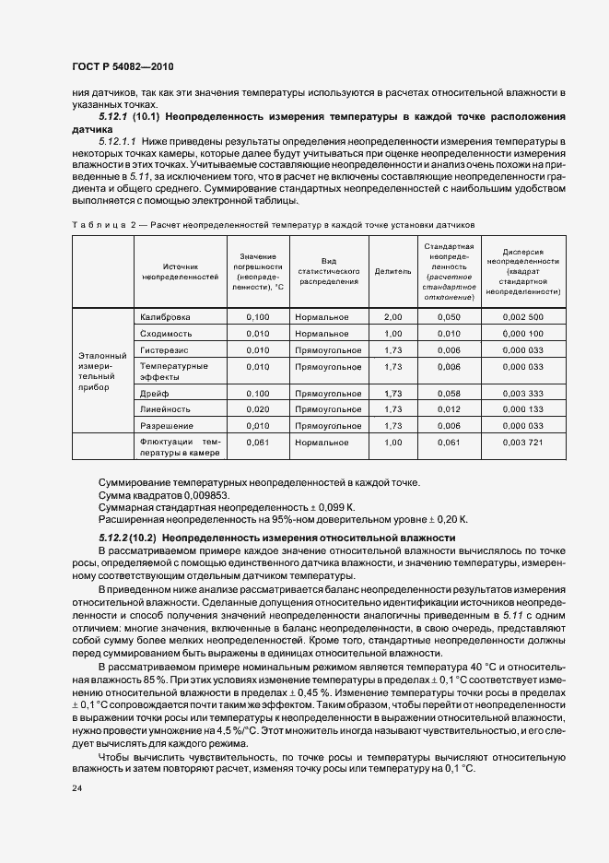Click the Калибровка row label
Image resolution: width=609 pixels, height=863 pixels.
click(165, 316)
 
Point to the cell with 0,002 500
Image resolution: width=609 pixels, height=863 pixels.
click(523, 316)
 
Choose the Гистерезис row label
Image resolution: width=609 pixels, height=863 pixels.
click(165, 350)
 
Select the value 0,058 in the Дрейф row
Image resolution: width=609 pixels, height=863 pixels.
click(448, 393)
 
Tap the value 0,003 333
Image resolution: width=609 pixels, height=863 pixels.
click(523, 393)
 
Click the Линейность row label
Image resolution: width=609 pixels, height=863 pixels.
click(165, 408)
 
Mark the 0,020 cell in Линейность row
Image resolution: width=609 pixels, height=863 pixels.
click(258, 408)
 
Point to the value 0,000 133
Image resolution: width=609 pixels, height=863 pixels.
click(523, 408)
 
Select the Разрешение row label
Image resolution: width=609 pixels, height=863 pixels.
click(166, 425)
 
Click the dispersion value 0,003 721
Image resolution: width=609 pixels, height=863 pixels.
click(523, 443)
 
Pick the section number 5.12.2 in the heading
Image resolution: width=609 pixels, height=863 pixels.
click(117, 537)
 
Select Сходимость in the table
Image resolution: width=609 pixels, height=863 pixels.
click(166, 333)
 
